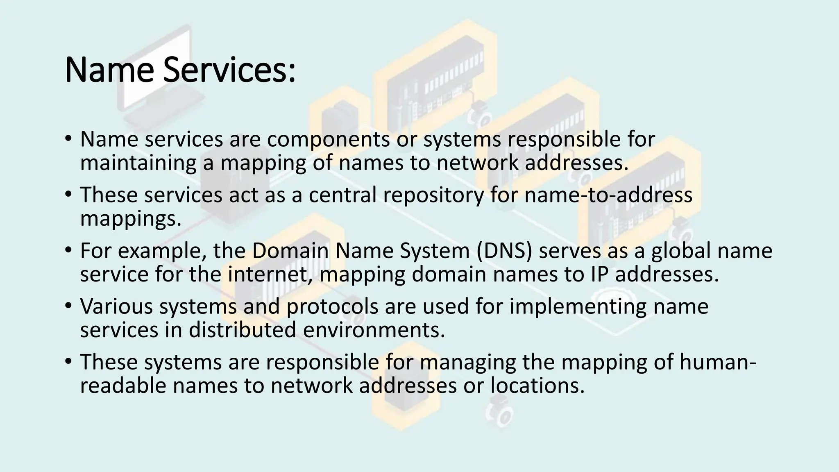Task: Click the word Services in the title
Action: [229, 70]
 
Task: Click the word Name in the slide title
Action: [109, 70]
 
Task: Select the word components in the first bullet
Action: [328, 139]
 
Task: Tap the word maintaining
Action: [138, 163]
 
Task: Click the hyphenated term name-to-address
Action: [608, 195]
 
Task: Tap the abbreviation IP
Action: [599, 275]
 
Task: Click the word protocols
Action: [332, 306]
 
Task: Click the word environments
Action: [374, 330]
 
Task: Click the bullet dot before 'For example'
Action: [68, 250]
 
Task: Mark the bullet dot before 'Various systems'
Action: [68, 306]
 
